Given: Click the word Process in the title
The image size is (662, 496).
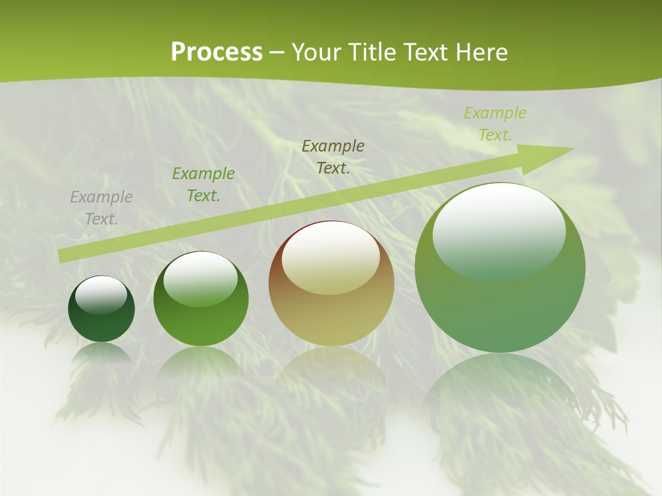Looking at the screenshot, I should click(x=217, y=52).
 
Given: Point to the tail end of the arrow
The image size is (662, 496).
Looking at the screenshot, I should click(x=63, y=256).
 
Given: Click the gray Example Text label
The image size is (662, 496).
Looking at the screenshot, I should click(x=101, y=208).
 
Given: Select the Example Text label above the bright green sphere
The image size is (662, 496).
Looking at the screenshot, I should click(x=203, y=185).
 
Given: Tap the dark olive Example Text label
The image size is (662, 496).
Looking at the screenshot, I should click(x=333, y=156).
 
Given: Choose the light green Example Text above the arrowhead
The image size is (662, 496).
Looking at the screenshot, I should click(x=494, y=124).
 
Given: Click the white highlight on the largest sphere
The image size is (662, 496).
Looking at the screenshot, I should click(x=499, y=227).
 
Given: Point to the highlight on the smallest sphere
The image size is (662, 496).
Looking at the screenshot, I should click(x=101, y=294).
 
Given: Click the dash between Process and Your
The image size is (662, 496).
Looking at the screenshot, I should click(x=277, y=52).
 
